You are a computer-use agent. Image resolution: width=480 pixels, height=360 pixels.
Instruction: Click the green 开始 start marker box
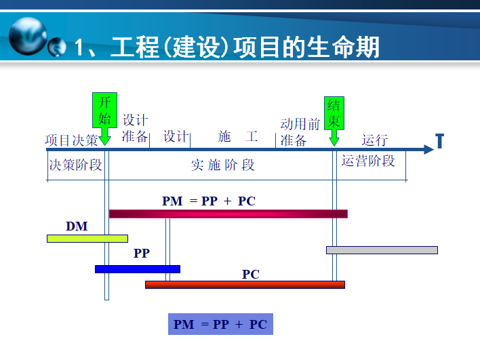(104, 110)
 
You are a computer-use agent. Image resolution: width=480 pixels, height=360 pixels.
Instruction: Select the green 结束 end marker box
(334, 113)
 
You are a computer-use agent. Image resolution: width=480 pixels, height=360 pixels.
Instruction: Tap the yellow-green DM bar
(87, 239)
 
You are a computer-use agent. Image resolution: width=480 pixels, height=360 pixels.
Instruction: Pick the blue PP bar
(138, 269)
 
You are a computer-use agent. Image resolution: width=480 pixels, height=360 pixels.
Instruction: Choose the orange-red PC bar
(245, 285)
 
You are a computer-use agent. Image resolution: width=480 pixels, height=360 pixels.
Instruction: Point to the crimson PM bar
(228, 214)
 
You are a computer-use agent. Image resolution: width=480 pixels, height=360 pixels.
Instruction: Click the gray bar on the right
(382, 250)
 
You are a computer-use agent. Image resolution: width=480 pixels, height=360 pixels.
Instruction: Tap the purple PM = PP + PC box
(220, 324)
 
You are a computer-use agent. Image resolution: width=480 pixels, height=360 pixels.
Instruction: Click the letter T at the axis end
(439, 141)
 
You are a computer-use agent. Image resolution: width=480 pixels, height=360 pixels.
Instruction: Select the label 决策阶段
(76, 165)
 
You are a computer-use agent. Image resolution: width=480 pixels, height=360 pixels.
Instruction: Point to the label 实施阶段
(223, 165)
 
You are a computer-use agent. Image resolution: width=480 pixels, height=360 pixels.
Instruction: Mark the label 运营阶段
(368, 161)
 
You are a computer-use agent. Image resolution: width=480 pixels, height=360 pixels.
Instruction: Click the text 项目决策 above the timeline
(72, 140)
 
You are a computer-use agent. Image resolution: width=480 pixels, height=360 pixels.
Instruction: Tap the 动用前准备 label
(300, 132)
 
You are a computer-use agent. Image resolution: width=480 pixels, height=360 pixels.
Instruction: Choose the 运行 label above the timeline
(375, 140)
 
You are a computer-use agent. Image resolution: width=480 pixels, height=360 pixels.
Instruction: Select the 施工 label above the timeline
(238, 136)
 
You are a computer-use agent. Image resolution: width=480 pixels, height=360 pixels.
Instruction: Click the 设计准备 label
(135, 128)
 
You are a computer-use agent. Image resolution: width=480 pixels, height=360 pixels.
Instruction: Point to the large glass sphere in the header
(28, 36)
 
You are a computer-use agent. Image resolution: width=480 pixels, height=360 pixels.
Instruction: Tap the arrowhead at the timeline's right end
(429, 149)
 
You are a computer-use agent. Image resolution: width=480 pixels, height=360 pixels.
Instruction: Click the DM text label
(77, 226)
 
